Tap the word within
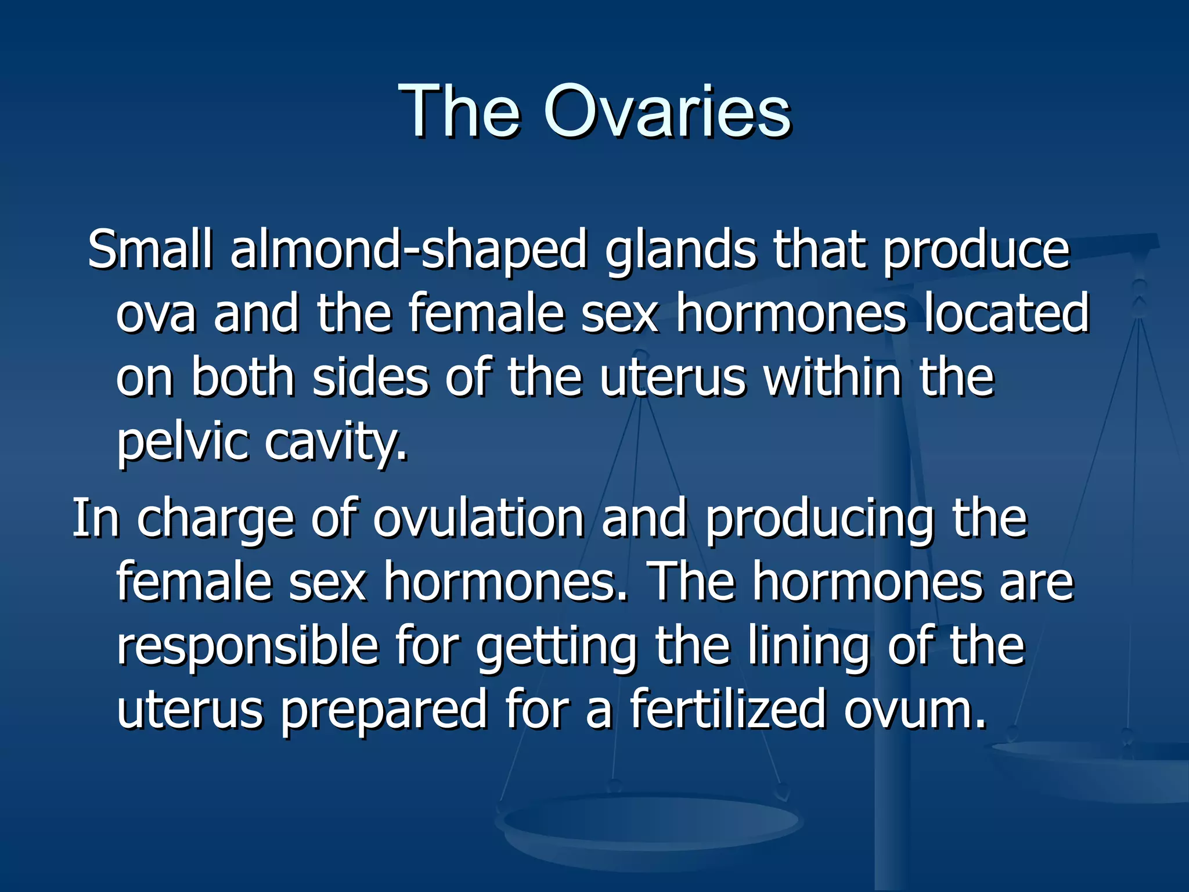click(833, 377)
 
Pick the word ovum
click(914, 710)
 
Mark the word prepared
click(383, 710)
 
